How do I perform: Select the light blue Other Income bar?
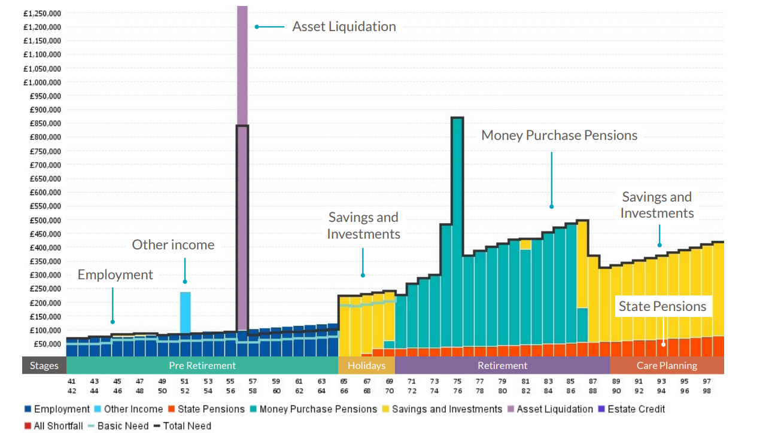186,311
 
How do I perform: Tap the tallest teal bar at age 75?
457,239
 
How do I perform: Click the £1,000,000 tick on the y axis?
43,83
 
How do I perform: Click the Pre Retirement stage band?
202,365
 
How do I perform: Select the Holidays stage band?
366,365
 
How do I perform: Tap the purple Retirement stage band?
502,365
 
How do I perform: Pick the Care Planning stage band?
667,365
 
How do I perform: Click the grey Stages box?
44,365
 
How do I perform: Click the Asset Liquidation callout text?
344,27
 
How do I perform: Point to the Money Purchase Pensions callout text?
559,136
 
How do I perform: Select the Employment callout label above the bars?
116,275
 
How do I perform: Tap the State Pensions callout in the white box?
662,307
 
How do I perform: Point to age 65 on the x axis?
344,382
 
